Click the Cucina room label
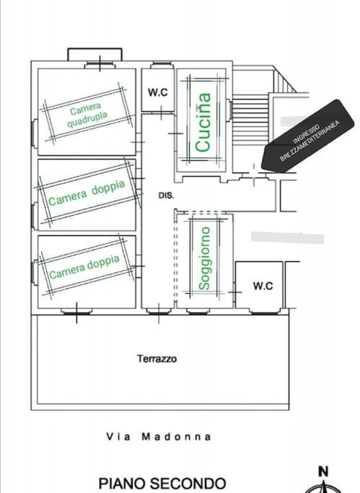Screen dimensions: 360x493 coord(203,122)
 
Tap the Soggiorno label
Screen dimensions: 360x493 coord(204,258)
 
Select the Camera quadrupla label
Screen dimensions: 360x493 coord(87,115)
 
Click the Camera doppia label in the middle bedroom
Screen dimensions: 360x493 coord(87,193)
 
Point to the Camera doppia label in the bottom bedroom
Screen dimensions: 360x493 coord(84,267)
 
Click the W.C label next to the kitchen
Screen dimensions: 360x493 coord(158,92)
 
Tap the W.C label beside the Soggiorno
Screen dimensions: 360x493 coord(263,286)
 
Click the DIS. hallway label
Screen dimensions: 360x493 coord(166,195)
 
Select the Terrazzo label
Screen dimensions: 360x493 coord(157,359)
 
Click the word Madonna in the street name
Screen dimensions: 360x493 coord(176,437)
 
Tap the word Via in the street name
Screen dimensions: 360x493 coord(118,437)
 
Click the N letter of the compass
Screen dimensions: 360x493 coord(323,471)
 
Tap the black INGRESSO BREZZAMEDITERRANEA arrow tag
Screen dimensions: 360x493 coord(308,136)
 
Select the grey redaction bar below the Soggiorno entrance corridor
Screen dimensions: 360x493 coord(287,237)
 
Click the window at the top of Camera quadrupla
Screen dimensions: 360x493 coord(100,66)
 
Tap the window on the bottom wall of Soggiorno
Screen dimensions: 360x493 coord(197,312)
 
